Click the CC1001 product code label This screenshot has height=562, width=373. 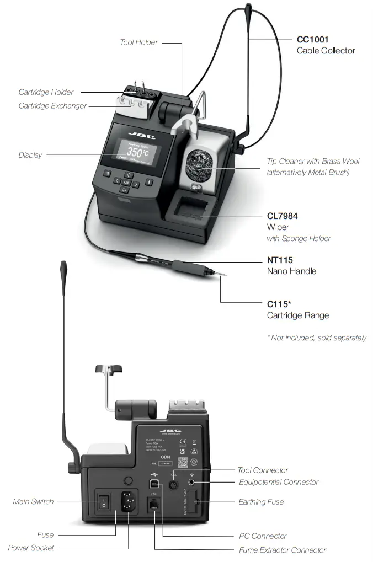[312, 40]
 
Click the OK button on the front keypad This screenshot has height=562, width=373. [126, 182]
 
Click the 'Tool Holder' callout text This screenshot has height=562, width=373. [139, 42]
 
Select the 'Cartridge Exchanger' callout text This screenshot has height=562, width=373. [52, 105]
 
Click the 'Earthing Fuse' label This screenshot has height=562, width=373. [261, 502]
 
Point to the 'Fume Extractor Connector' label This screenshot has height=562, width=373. [282, 550]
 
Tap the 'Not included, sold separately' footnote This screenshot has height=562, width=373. [316, 338]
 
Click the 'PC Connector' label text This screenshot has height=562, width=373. [263, 536]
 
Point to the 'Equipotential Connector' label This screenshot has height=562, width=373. [279, 482]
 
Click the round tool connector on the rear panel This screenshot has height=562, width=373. [173, 484]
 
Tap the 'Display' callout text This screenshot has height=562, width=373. [30, 155]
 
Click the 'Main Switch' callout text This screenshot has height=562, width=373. [34, 502]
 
